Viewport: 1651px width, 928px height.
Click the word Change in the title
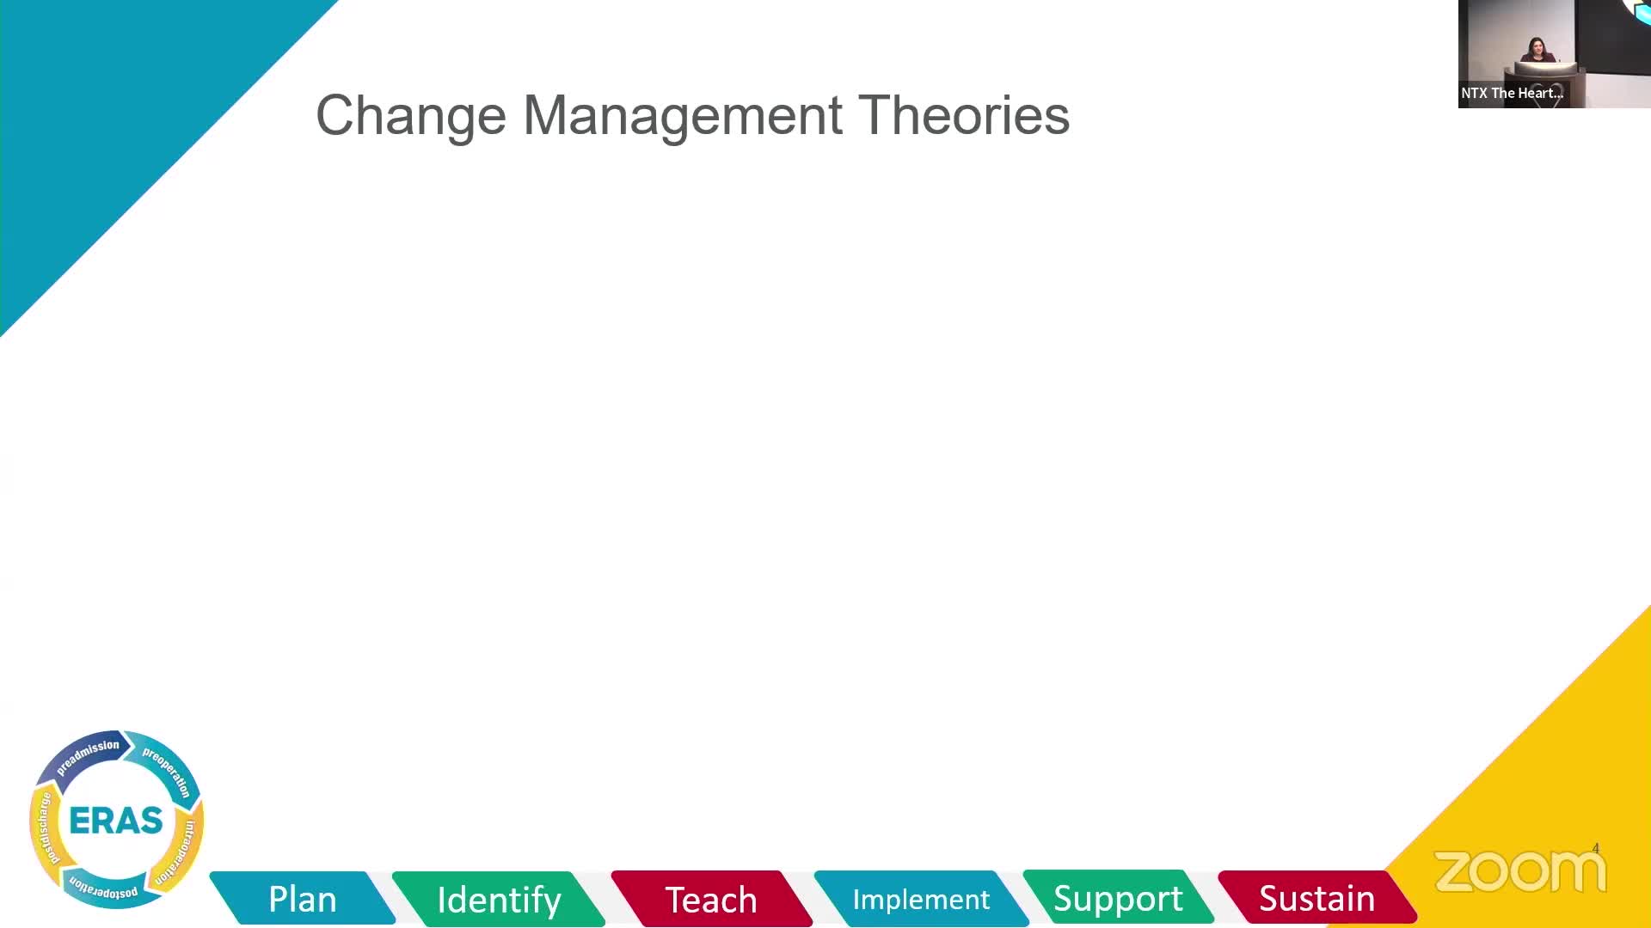(x=411, y=116)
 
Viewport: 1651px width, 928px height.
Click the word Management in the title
(x=683, y=114)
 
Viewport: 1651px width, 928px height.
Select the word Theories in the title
(x=964, y=114)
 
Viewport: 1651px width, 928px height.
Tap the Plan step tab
(x=303, y=899)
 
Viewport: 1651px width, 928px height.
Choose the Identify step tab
(x=499, y=899)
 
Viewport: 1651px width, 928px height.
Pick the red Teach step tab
(x=711, y=899)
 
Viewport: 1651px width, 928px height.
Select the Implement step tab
(x=921, y=899)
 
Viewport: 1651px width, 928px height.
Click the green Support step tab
(x=1118, y=898)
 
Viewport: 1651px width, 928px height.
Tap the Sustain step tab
(x=1317, y=898)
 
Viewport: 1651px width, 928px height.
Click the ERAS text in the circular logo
(x=116, y=821)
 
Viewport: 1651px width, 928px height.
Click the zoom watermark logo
(x=1519, y=871)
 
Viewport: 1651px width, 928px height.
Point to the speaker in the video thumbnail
(x=1537, y=51)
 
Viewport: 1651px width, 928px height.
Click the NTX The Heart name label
(x=1512, y=93)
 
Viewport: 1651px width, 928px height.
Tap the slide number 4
(x=1595, y=848)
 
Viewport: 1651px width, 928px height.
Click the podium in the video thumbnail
(x=1545, y=72)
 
